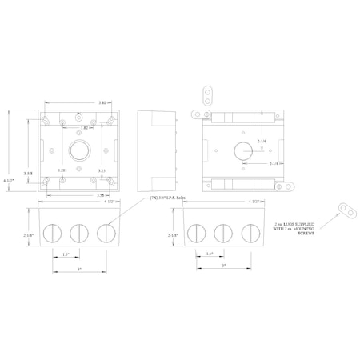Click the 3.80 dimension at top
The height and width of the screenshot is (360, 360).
coord(79,103)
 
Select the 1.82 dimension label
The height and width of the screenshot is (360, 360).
coord(85,128)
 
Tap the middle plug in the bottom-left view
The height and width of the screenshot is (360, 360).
coord(78,233)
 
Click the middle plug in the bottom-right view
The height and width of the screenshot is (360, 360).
coord(222,234)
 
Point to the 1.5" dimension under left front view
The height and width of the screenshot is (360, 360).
coord(66,254)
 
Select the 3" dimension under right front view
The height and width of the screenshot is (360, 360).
coord(223,265)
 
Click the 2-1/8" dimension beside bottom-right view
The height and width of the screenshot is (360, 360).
coord(172,235)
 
